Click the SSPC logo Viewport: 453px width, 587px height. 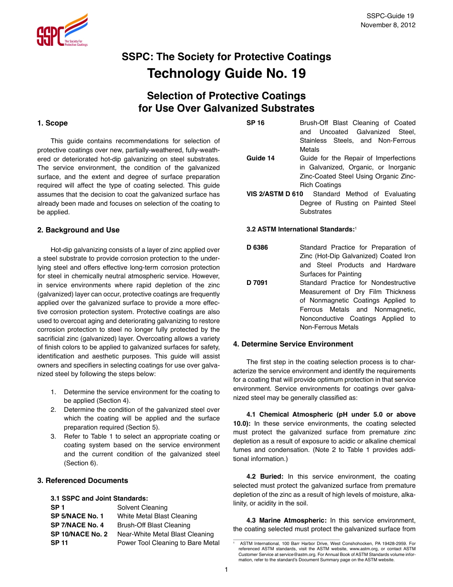pyautogui.click(x=62, y=31)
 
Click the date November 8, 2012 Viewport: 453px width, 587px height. pyautogui.click(x=388, y=25)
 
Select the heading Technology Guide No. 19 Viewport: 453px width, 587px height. pyautogui.click(x=226, y=74)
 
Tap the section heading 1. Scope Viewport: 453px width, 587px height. pyautogui.click(x=52, y=123)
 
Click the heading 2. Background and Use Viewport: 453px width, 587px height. pyautogui.click(x=78, y=230)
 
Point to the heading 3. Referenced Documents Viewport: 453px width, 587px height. pyautogui.click(x=82, y=481)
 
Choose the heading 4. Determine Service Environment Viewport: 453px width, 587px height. pyautogui.click(x=293, y=344)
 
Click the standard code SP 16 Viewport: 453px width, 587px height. pyautogui.click(x=255, y=123)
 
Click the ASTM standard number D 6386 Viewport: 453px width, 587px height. pyautogui.click(x=257, y=247)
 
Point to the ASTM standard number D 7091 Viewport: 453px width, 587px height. pyautogui.click(x=257, y=283)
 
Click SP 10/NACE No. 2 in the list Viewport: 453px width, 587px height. pyautogui.click(x=79, y=534)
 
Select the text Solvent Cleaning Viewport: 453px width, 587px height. pyautogui.click(x=142, y=507)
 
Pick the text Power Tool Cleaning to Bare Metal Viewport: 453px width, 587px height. pyautogui.click(x=168, y=543)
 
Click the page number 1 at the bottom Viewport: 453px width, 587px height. pyautogui.click(x=226, y=570)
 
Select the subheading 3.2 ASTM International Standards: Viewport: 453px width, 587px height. pyautogui.click(x=300, y=230)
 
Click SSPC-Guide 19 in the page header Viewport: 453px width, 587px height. pyautogui.click(x=394, y=16)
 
